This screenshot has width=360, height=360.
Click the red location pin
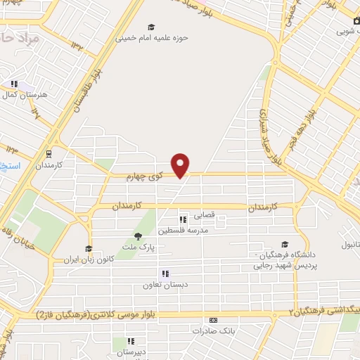click(181, 165)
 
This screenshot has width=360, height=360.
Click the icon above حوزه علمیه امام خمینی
click(151, 27)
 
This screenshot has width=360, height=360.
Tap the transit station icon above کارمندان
click(49, 152)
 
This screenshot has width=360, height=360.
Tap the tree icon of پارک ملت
click(138, 236)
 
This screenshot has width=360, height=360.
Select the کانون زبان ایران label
click(82, 260)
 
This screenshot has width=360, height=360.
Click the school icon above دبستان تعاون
click(165, 274)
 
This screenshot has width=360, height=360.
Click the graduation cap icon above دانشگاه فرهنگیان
click(284, 244)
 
